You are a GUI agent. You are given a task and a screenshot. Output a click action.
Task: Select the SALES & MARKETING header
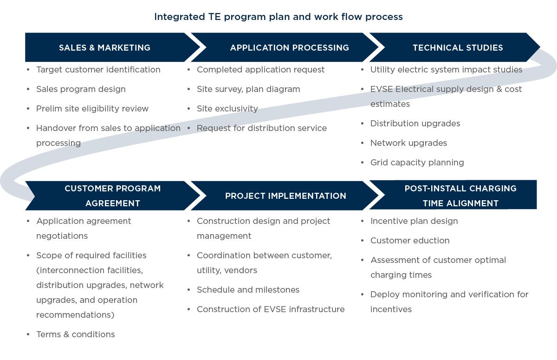pyautogui.click(x=105, y=47)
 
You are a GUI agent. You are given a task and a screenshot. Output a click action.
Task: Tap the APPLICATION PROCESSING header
pyautogui.click(x=290, y=47)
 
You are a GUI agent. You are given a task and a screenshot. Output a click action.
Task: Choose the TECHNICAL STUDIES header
pyautogui.click(x=458, y=47)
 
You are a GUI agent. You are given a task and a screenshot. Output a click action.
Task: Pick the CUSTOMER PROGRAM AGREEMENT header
pyautogui.click(x=113, y=196)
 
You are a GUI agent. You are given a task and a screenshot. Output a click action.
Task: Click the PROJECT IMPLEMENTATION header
pyautogui.click(x=285, y=196)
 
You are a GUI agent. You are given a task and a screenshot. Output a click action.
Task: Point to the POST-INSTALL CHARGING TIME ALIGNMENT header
pyautogui.click(x=460, y=196)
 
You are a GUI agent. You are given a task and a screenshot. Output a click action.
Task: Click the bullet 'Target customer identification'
pyautogui.click(x=98, y=70)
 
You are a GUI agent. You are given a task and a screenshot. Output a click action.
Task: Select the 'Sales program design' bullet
pyautogui.click(x=81, y=89)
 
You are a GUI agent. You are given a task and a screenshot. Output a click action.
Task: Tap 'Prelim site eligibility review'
pyautogui.click(x=92, y=109)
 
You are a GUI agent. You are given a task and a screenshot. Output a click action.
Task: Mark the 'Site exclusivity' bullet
pyautogui.click(x=227, y=109)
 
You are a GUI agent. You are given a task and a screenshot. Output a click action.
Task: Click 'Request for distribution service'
pyautogui.click(x=262, y=128)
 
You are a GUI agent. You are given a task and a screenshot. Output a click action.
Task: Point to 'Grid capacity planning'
pyautogui.click(x=417, y=163)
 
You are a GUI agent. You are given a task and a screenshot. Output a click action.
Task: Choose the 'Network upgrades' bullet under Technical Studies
pyautogui.click(x=408, y=143)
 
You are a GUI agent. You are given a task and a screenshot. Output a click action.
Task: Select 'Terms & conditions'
pyautogui.click(x=76, y=334)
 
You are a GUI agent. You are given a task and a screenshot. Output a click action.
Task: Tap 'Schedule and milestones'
pyautogui.click(x=248, y=290)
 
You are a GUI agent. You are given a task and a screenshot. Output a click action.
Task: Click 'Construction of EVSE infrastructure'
pyautogui.click(x=271, y=309)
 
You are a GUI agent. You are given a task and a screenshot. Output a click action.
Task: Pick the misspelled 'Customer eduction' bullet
pyautogui.click(x=410, y=241)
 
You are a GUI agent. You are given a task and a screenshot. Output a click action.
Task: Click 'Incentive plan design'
pyautogui.click(x=414, y=221)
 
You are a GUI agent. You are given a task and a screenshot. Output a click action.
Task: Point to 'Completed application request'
pyautogui.click(x=260, y=70)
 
